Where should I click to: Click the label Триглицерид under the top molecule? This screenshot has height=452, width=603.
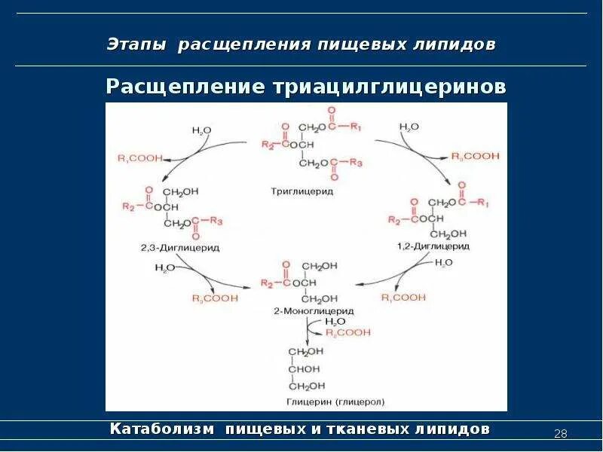(301, 191)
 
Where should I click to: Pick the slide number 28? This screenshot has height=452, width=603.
(560, 433)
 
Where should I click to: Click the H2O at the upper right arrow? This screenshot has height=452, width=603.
(409, 127)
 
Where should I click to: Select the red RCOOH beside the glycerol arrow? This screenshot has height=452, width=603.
(348, 331)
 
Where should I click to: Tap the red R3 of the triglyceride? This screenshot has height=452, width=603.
(356, 163)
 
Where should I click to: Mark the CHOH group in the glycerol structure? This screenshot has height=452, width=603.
(305, 368)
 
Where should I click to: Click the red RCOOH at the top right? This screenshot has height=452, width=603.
(476, 157)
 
